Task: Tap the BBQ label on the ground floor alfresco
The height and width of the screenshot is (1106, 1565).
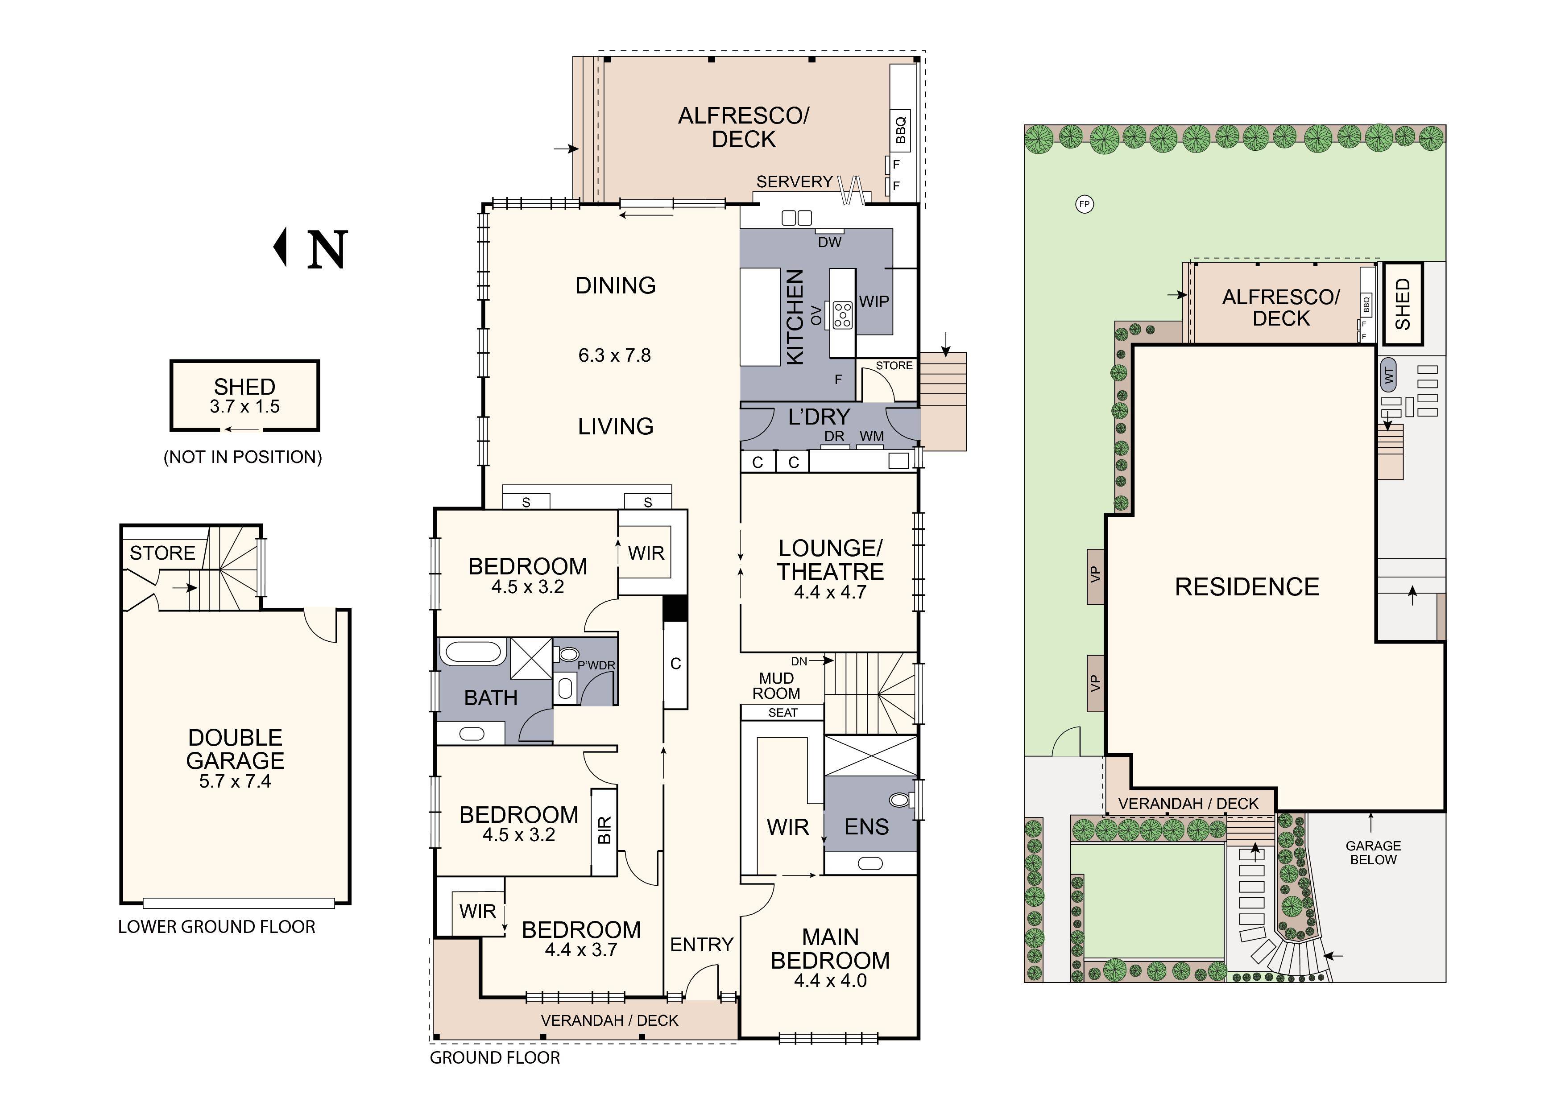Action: [900, 130]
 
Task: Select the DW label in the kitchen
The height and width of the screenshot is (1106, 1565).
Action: [829, 242]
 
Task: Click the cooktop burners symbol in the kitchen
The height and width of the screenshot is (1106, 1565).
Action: [842, 315]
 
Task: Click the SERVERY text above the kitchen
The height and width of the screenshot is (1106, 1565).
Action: [794, 182]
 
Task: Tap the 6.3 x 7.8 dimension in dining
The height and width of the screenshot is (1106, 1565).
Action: [614, 355]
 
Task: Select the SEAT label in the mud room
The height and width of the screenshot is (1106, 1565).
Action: [782, 713]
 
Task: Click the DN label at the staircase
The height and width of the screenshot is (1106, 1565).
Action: [799, 661]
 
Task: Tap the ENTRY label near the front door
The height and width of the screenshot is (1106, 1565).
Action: [701, 945]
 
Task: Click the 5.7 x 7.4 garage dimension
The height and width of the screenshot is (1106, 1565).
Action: [235, 782]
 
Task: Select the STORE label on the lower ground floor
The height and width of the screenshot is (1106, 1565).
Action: [162, 553]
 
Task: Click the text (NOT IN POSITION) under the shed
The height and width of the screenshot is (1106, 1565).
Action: [243, 457]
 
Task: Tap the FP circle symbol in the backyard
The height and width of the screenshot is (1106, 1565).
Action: [1085, 204]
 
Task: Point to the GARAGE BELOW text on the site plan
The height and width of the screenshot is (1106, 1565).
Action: [1373, 853]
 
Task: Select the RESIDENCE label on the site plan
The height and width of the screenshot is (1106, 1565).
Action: [1246, 587]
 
